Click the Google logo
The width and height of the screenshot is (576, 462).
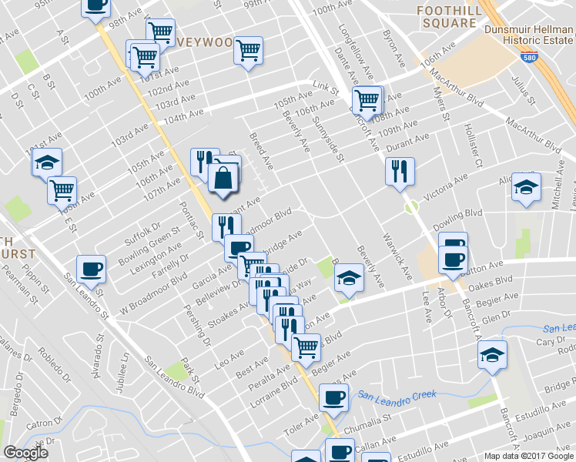[25, 453]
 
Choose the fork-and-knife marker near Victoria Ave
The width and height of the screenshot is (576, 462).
[400, 170]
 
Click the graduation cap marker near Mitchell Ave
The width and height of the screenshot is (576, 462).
[527, 187]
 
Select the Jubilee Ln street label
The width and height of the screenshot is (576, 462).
[122, 373]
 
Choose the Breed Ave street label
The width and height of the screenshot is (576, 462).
[260, 150]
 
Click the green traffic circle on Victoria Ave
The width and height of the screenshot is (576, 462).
[411, 206]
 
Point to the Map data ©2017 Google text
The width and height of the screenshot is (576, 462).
[527, 455]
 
